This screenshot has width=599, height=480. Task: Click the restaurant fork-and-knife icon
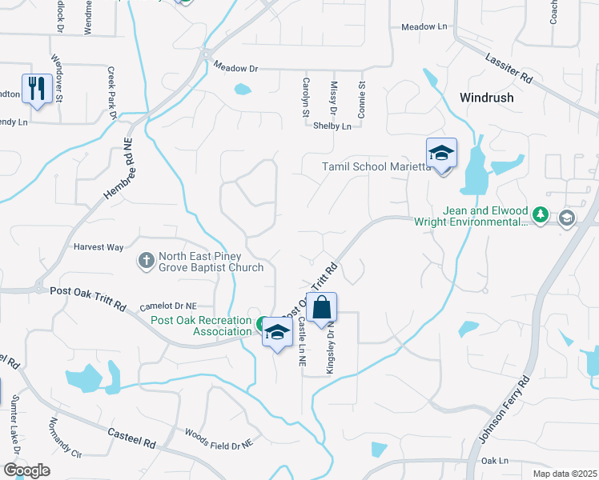click(36, 88)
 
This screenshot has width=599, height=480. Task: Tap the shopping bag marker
click(321, 308)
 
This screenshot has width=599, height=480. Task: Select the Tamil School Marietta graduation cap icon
click(441, 152)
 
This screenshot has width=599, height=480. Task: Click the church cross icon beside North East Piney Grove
click(146, 260)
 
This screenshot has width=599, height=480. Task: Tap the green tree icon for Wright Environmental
click(541, 215)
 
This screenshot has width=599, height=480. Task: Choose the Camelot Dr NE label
click(168, 306)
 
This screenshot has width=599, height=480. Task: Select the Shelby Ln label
click(332, 126)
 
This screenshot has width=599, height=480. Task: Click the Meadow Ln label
click(424, 26)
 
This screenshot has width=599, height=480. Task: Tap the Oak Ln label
click(496, 461)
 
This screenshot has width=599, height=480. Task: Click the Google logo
click(26, 470)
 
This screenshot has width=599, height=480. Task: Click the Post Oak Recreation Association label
click(201, 326)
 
